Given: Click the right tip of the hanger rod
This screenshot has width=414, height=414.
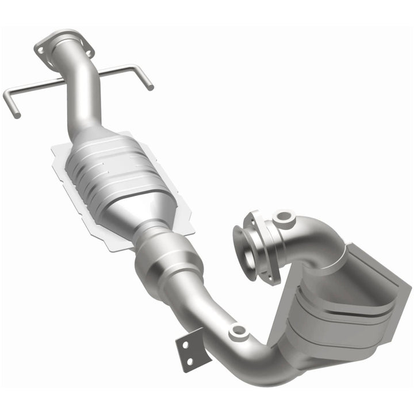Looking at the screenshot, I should pos(151,88).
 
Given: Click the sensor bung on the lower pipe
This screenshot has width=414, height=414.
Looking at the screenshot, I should pos(237,332).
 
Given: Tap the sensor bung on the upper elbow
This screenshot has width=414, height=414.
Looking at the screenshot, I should pos(283,217).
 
